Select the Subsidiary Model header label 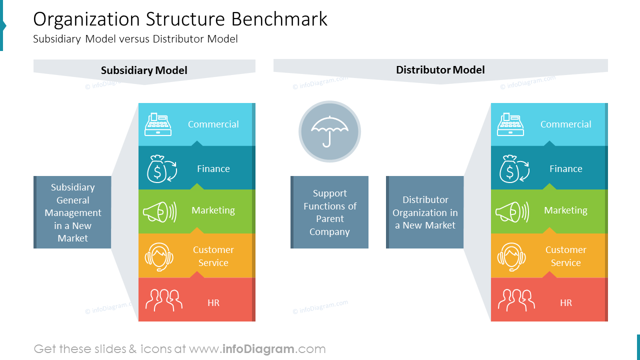(x=144, y=70)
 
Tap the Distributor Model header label (x=440, y=69)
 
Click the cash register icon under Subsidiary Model (x=158, y=124)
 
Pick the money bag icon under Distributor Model (x=514, y=169)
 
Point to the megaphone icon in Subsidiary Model (x=159, y=211)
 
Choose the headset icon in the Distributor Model (x=511, y=257)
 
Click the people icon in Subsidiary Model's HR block (x=163, y=300)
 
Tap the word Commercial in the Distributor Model (x=565, y=124)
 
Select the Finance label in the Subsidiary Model (x=213, y=168)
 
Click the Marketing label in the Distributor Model (x=565, y=210)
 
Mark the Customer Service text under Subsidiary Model (x=213, y=256)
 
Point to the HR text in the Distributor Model (x=566, y=303)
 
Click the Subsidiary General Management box (x=72, y=212)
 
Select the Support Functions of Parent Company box (x=329, y=212)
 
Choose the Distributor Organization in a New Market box (x=425, y=212)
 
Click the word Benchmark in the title (x=279, y=19)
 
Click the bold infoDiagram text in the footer (x=258, y=349)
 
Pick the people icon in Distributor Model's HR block (x=516, y=300)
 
